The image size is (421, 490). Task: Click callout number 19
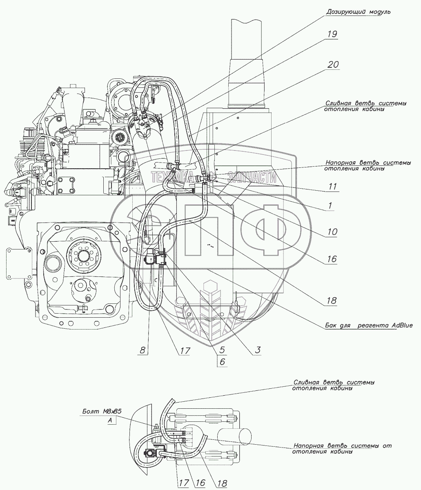point(332,34)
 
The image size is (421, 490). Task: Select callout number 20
point(333,65)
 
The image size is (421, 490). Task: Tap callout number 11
point(333,187)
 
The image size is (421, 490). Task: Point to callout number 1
point(330,206)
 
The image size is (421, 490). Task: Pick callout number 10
point(332,232)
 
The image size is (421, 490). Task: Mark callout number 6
point(222,361)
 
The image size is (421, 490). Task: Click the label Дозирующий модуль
point(358,12)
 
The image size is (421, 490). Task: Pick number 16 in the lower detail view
point(200,483)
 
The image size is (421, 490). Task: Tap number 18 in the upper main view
point(331,301)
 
